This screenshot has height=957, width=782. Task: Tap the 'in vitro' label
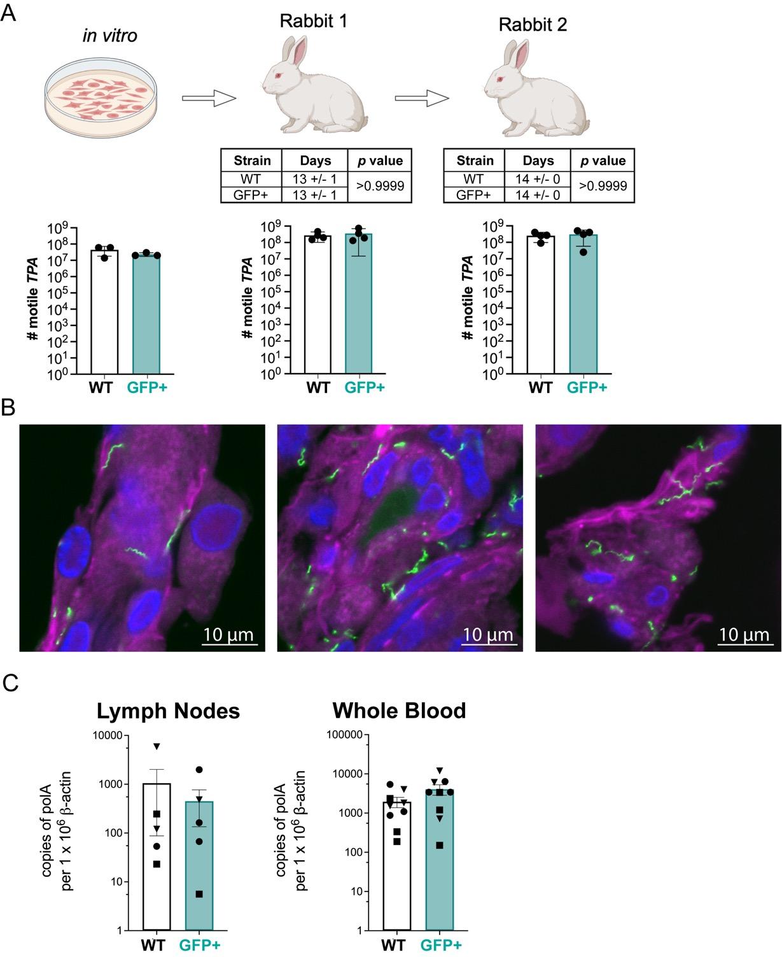[109, 36]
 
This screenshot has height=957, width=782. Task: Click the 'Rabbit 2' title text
[533, 25]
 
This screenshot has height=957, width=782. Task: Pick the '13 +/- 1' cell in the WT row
[314, 179]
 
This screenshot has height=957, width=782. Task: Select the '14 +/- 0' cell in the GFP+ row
[537, 195]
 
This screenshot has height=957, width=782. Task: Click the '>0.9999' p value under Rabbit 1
[379, 187]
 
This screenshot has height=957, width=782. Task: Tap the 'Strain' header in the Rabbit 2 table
[474, 160]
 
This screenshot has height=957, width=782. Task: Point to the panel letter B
[9, 408]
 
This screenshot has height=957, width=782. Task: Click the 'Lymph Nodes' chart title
[168, 711]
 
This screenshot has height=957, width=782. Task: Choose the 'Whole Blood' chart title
[399, 711]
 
